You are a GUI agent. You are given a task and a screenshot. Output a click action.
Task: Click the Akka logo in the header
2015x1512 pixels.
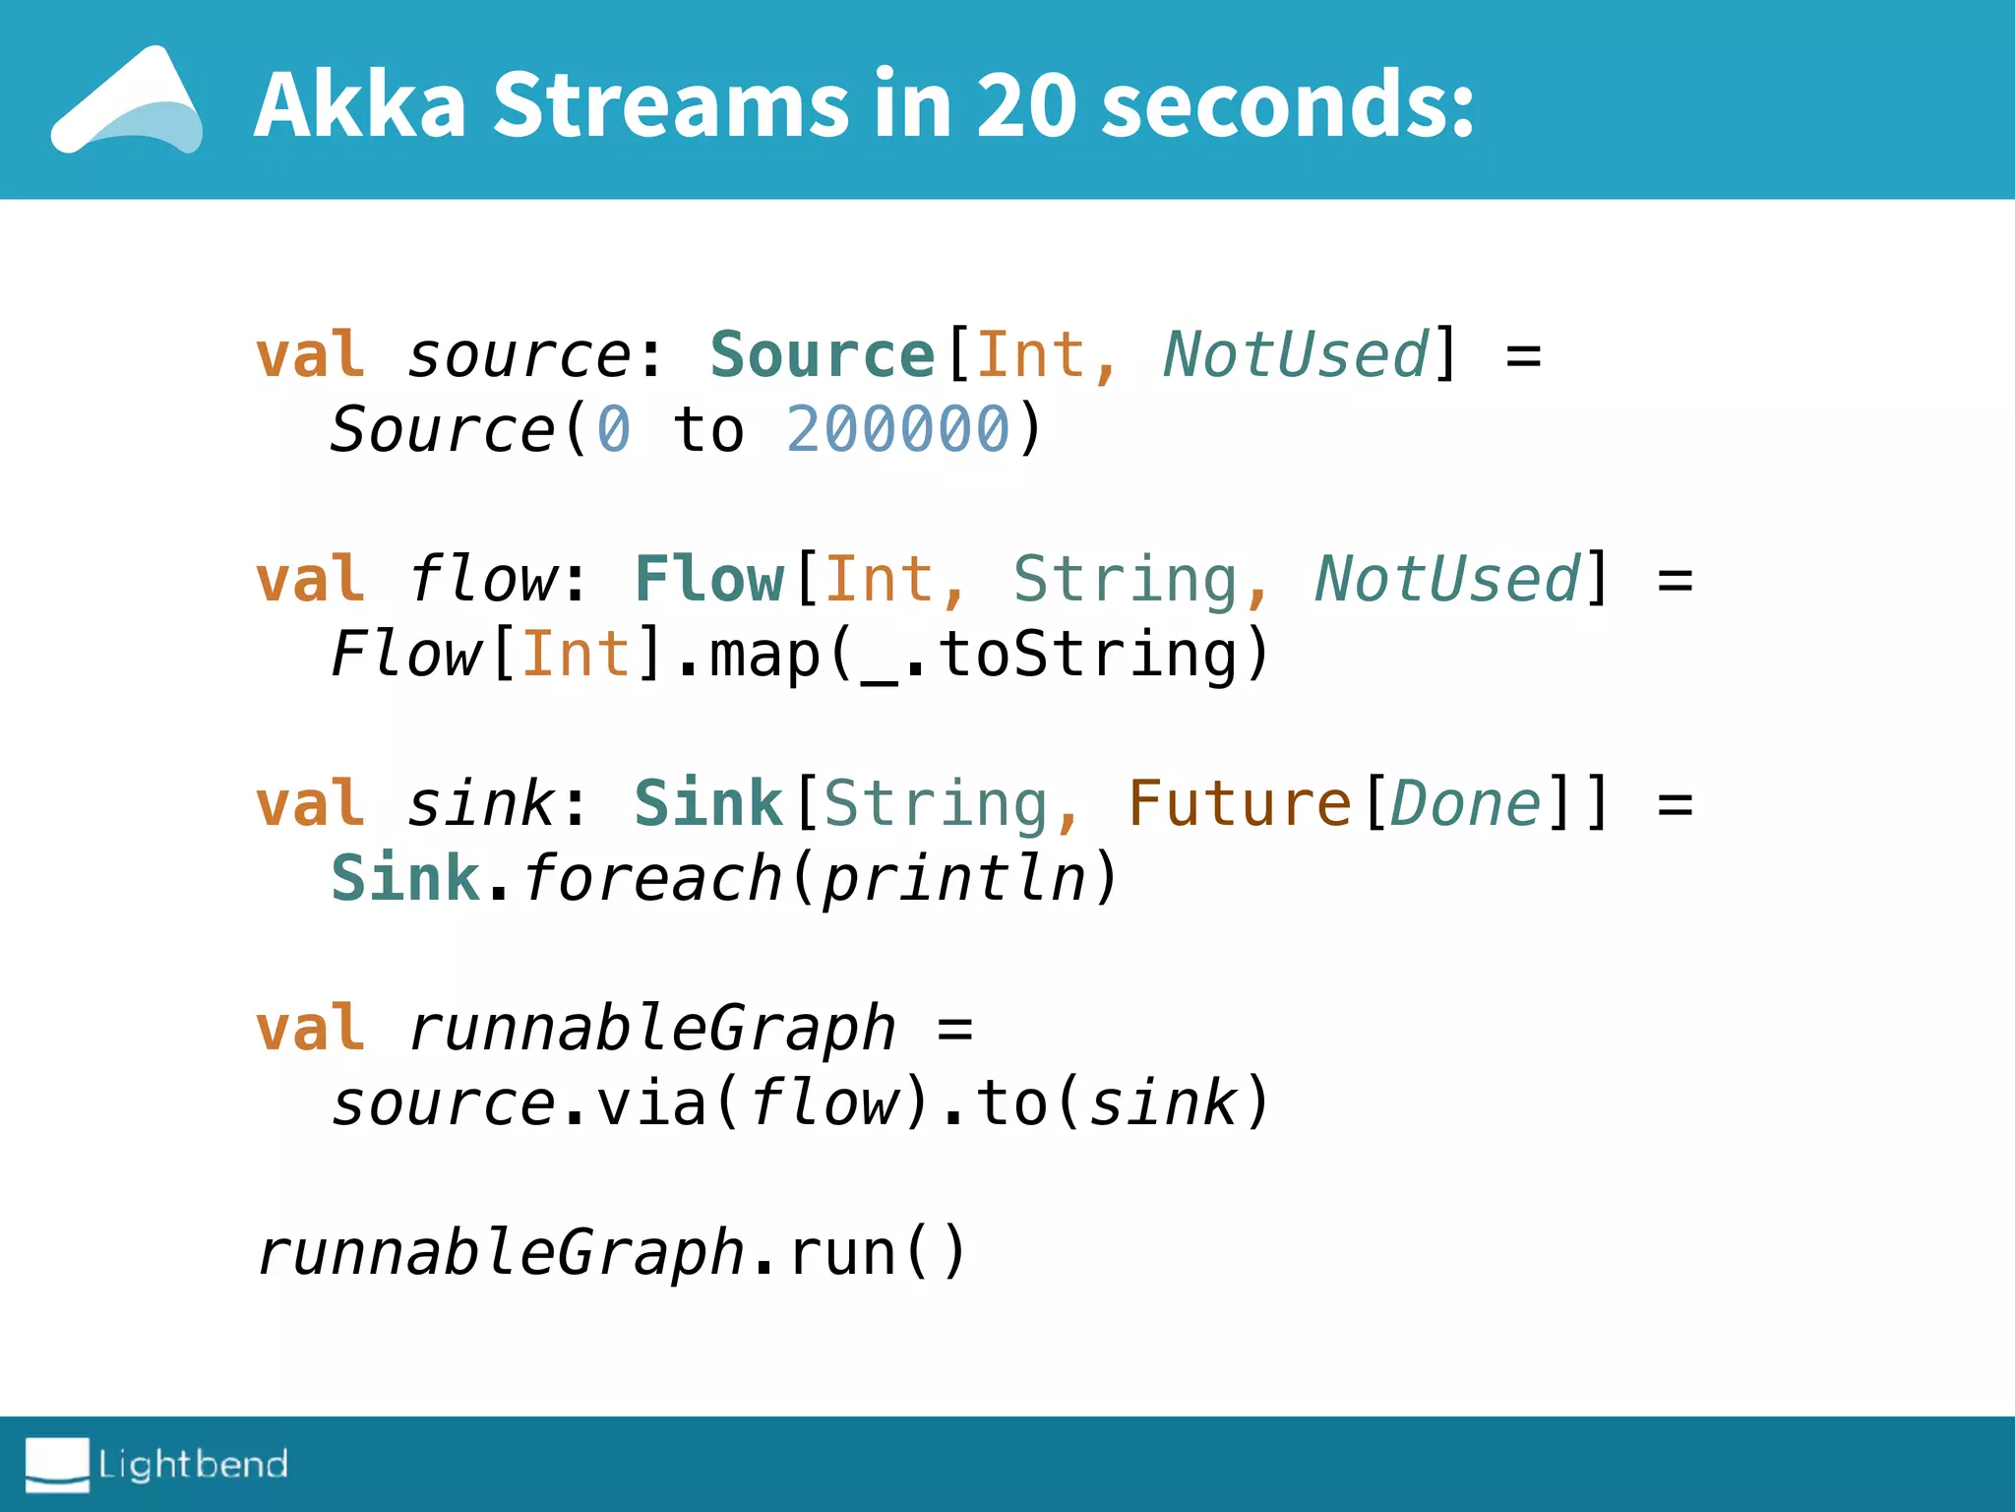(128, 101)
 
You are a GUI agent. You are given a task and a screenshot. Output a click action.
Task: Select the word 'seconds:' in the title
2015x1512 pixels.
(1288, 104)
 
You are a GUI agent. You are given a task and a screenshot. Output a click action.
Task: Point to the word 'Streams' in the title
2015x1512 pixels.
(671, 104)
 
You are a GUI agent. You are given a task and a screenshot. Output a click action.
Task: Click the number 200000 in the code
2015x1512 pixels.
(898, 430)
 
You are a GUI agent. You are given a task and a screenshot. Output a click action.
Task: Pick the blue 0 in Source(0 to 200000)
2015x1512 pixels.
(614, 430)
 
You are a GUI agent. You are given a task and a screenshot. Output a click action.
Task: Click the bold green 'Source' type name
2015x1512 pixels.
(823, 354)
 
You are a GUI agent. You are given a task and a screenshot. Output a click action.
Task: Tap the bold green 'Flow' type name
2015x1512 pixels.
(709, 579)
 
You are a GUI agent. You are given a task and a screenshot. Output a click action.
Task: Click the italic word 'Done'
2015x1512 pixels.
(1465, 803)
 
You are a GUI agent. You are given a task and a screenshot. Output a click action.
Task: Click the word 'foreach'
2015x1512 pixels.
(652, 878)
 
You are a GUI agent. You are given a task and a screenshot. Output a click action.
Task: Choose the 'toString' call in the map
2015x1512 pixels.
(1088, 654)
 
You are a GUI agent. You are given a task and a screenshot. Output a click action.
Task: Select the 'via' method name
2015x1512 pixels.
(652, 1102)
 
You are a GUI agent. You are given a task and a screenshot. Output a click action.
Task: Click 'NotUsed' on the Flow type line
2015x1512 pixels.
(1447, 579)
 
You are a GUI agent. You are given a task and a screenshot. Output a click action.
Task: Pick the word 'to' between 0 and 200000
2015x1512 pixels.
(708, 430)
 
